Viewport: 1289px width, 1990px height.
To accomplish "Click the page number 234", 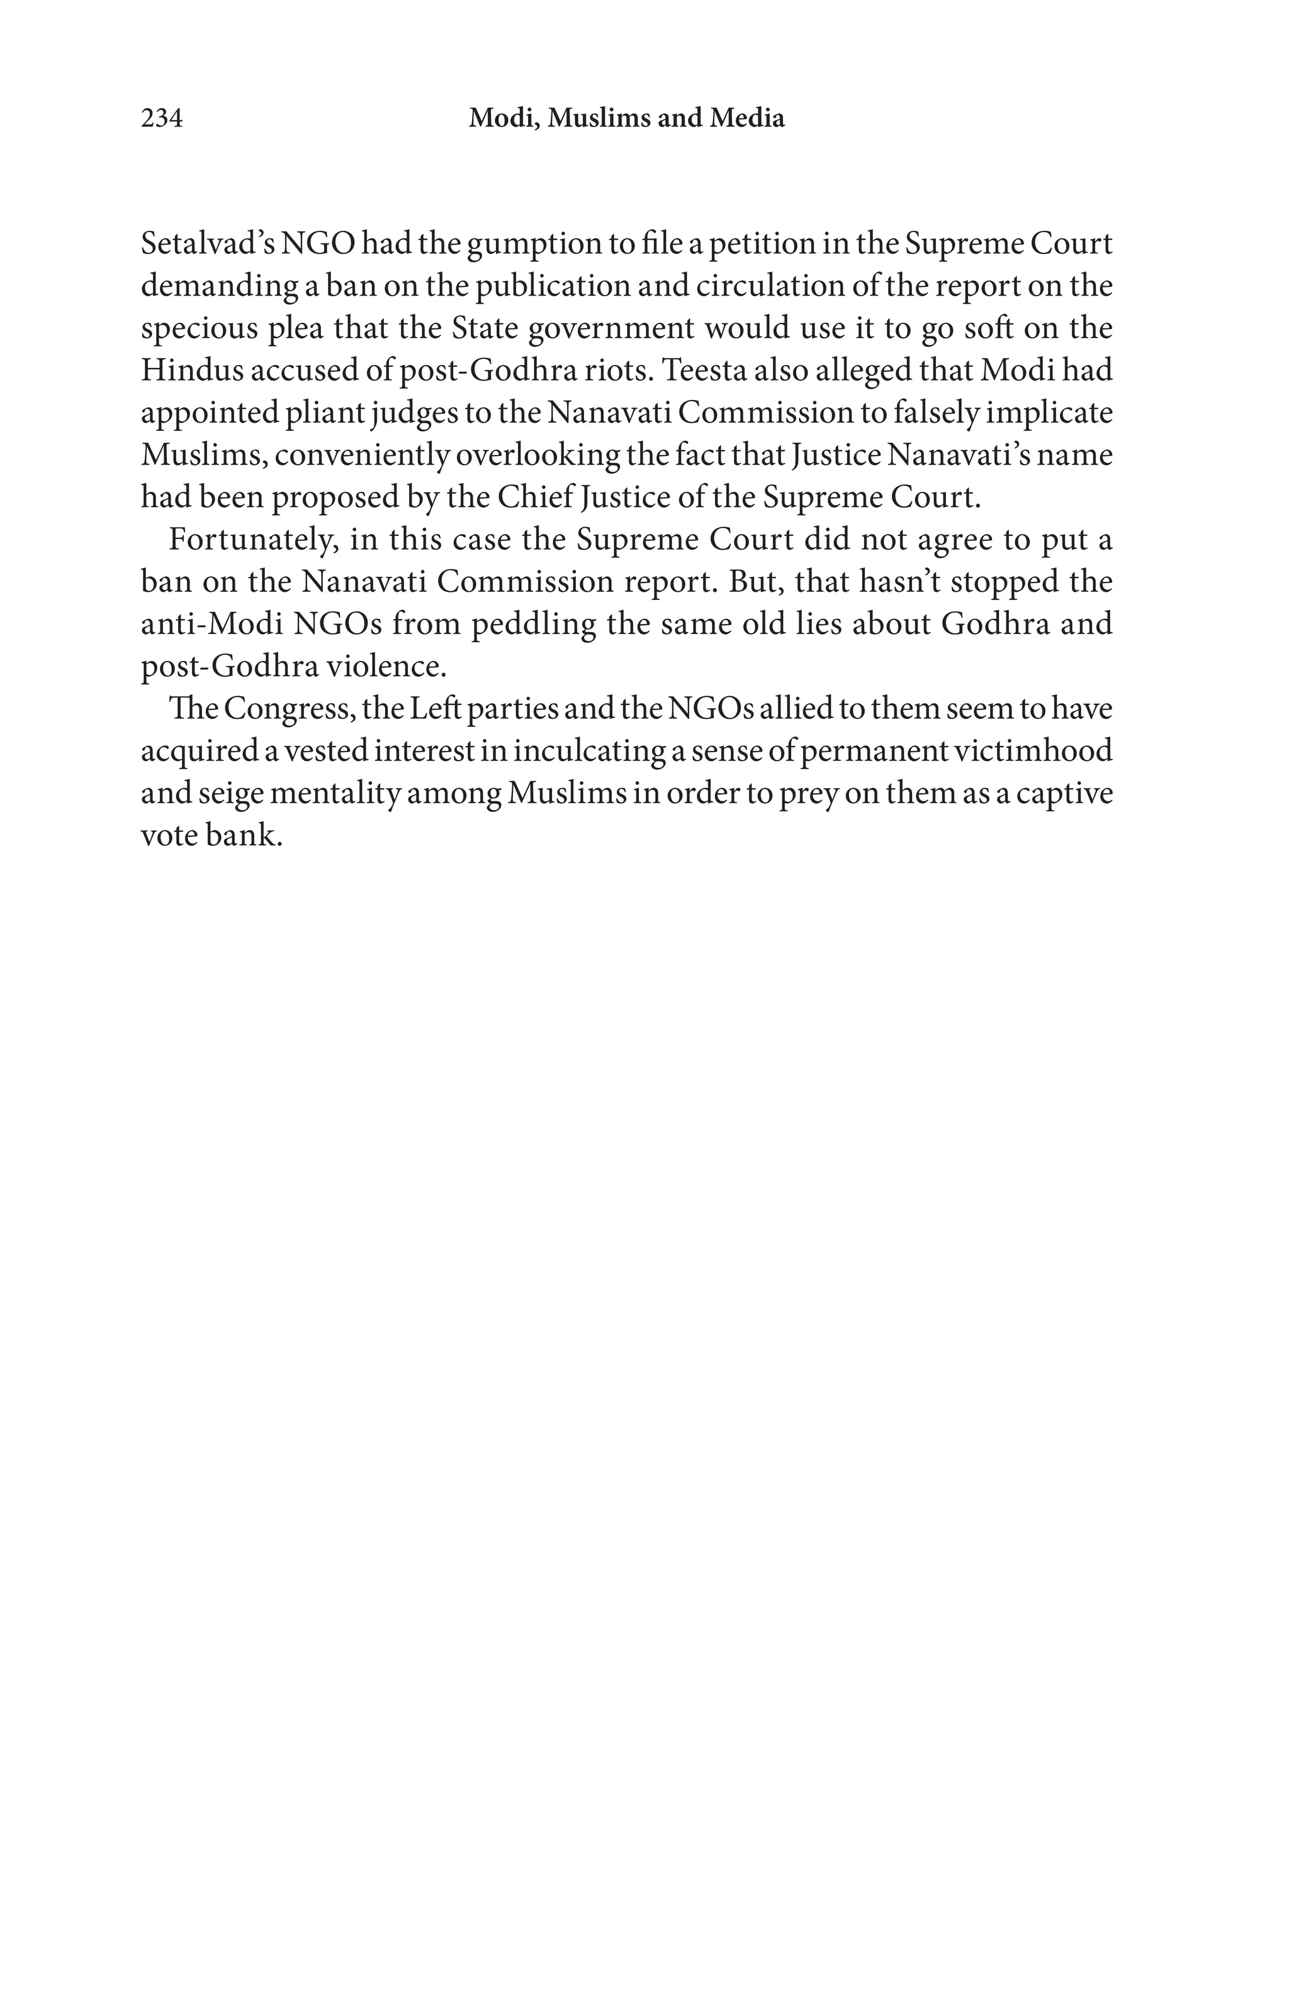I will tap(161, 119).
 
